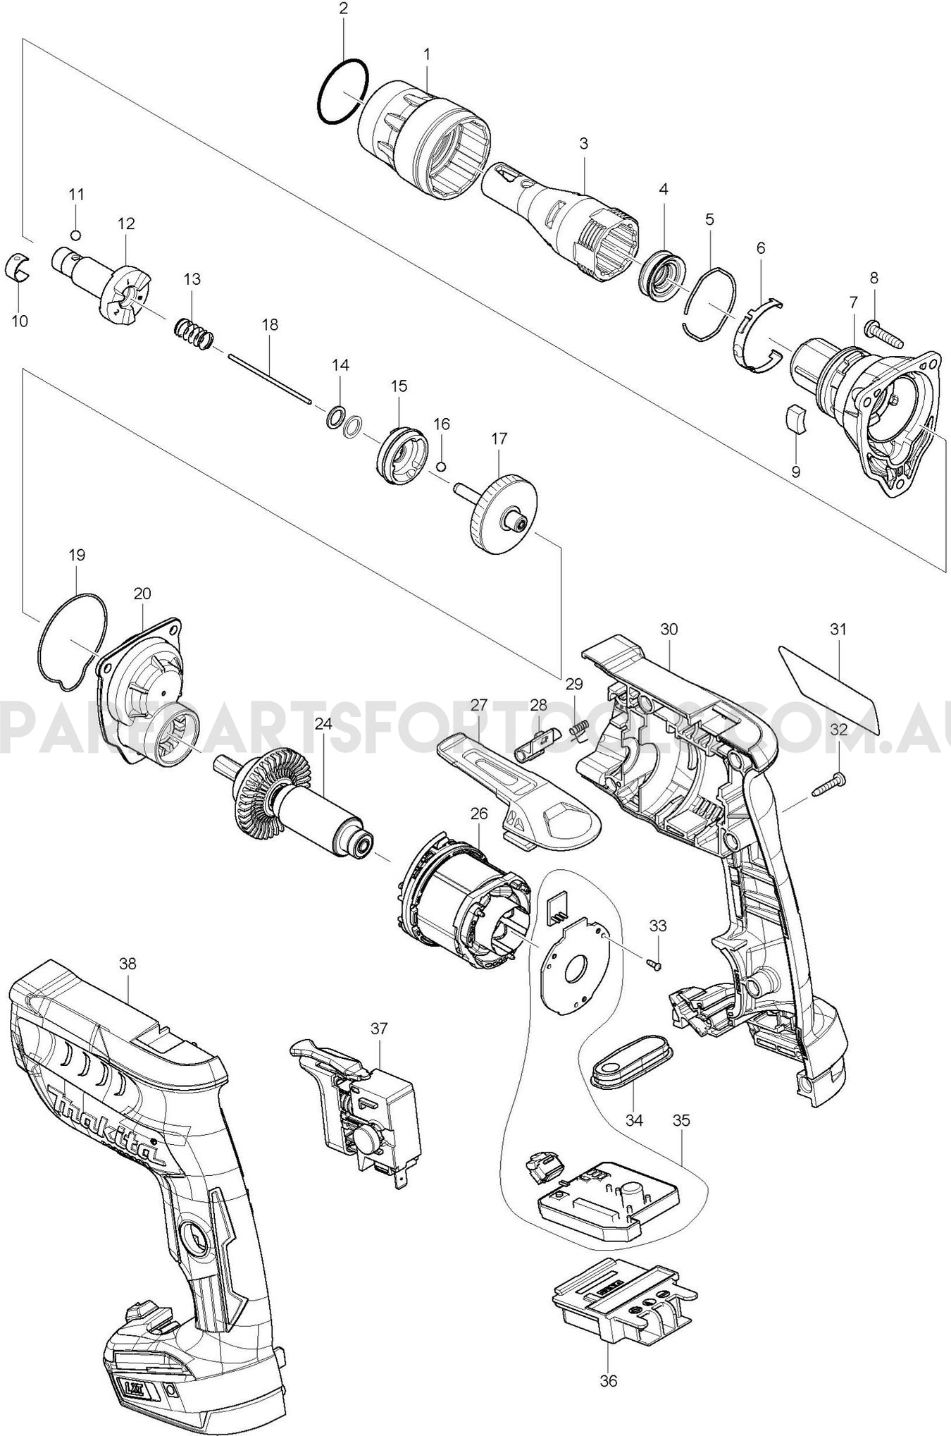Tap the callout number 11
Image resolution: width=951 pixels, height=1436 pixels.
tap(76, 194)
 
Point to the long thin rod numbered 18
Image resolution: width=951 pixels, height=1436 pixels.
tap(270, 379)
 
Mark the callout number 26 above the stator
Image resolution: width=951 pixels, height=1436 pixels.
tap(479, 814)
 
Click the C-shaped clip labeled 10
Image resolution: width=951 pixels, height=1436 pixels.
tap(20, 266)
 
